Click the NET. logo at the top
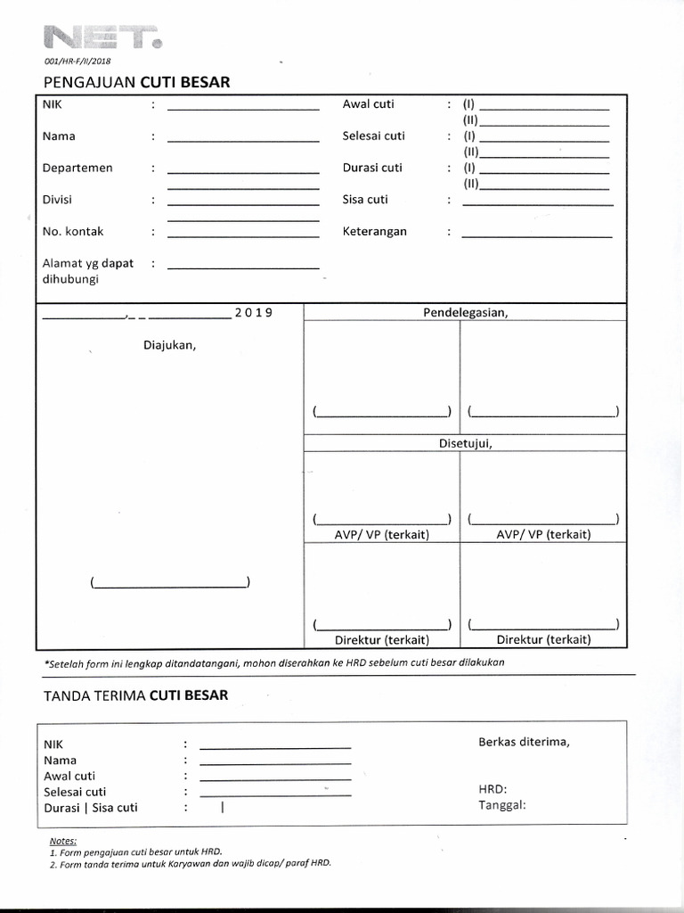[102, 38]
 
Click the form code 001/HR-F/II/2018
[79, 62]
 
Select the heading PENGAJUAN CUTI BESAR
[136, 82]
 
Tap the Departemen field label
[77, 168]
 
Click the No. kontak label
[73, 231]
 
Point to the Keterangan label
[374, 231]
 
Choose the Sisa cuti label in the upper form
[365, 200]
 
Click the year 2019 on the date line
[253, 313]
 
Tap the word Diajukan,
[169, 345]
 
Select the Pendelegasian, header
[465, 312]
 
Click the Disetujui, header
[465, 443]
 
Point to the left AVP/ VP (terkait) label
[381, 534]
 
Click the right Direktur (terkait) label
[543, 639]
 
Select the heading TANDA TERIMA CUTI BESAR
[135, 695]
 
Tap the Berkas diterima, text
[524, 741]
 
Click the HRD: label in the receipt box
[493, 789]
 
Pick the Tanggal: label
[502, 805]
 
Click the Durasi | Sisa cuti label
[91, 808]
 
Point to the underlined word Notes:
[63, 841]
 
